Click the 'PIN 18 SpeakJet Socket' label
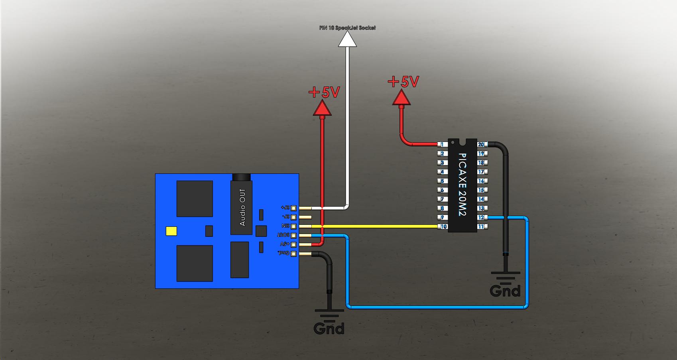[347, 28]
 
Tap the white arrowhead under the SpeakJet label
[347, 40]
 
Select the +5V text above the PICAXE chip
[403, 82]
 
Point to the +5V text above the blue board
[324, 92]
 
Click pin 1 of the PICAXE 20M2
[441, 144]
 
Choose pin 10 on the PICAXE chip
[441, 227]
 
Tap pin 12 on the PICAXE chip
[481, 218]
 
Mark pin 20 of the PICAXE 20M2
[481, 144]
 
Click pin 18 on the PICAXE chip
[481, 163]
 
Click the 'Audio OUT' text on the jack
[242, 207]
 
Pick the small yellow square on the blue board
[172, 231]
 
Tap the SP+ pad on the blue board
[294, 208]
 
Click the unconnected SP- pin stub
[305, 217]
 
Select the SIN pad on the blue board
[294, 226]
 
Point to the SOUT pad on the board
[294, 236]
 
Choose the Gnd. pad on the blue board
[294, 254]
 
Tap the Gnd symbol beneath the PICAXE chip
[505, 285]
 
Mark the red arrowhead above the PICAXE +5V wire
[401, 98]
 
